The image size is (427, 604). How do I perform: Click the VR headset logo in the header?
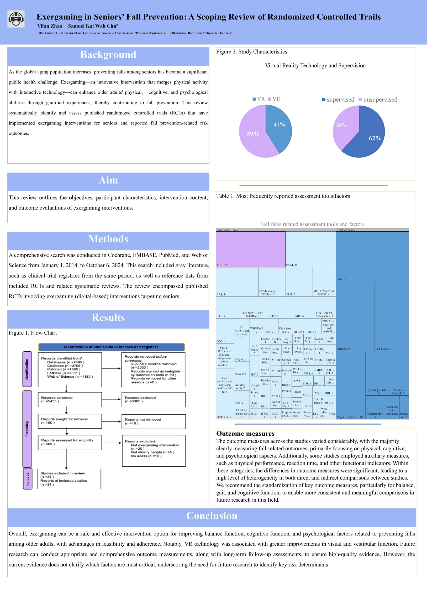tap(16, 19)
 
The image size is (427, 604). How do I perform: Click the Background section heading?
tap(108, 55)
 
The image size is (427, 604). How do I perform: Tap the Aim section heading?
tap(108, 180)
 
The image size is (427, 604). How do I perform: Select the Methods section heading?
tap(108, 239)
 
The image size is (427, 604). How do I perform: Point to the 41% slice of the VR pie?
tap(279, 126)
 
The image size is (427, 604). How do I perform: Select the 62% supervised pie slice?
tap(371, 137)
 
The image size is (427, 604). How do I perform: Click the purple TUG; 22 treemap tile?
tap(250, 249)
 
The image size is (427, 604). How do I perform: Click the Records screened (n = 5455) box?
tap(70, 400)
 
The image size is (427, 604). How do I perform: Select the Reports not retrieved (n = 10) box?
tap(154, 421)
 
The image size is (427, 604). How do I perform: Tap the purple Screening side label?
tap(27, 429)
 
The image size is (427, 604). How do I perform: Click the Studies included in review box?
tap(69, 479)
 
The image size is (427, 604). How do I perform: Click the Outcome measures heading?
tap(245, 434)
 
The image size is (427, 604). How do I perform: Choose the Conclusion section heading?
tap(212, 516)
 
